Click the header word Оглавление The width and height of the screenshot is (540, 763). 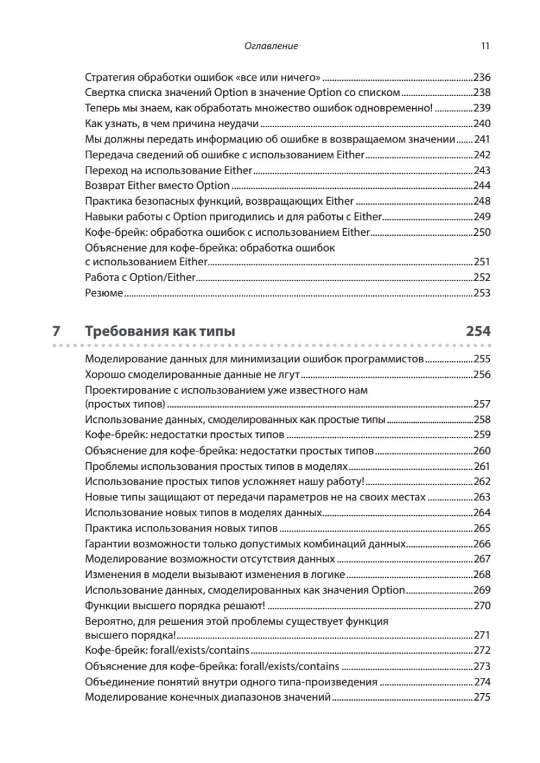271,46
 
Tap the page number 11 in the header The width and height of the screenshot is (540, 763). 485,46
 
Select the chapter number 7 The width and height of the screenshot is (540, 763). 56,331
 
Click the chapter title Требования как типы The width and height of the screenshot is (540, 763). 160,331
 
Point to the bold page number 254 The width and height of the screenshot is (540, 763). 478,331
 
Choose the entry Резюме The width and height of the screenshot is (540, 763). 104,293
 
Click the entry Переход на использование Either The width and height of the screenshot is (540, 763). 169,170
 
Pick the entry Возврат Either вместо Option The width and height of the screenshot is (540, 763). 157,186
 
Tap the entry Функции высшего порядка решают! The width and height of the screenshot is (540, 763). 175,605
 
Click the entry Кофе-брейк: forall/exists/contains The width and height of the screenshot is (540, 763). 167,650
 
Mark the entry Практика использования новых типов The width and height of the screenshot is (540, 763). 181,528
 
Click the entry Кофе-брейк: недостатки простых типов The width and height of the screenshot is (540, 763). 184,436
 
